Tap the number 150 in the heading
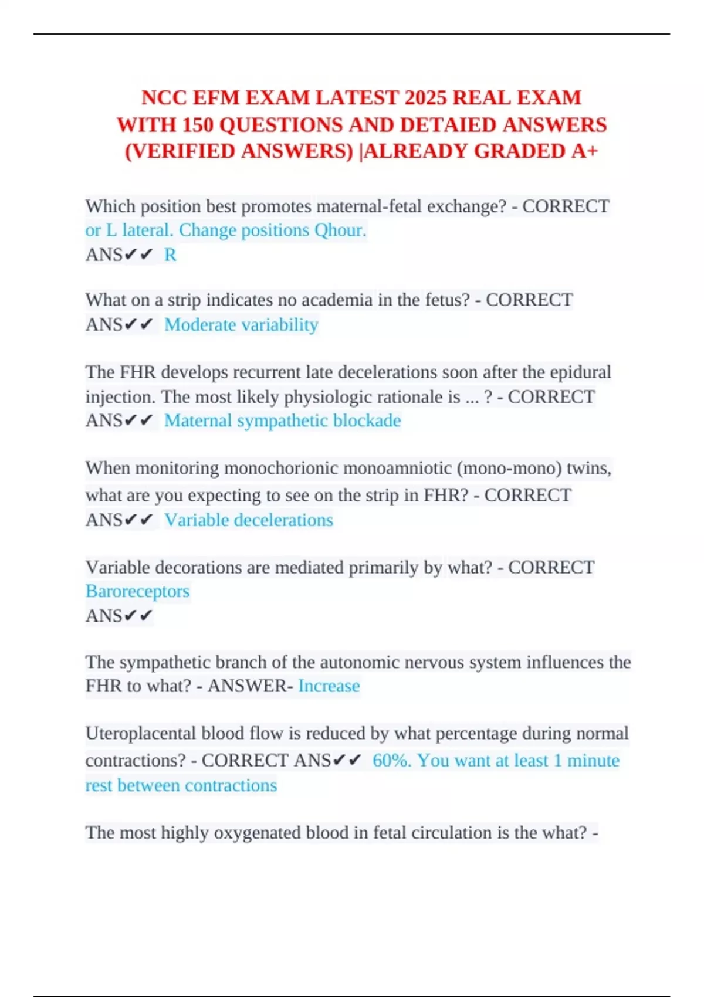(198, 125)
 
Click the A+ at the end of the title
(585, 151)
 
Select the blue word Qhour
(340, 230)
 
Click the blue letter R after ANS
(170, 255)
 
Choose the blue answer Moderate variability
(241, 324)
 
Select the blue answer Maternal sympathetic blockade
(282, 420)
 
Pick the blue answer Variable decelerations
(249, 520)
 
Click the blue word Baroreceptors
(137, 591)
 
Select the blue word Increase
(329, 686)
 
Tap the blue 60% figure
(391, 760)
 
